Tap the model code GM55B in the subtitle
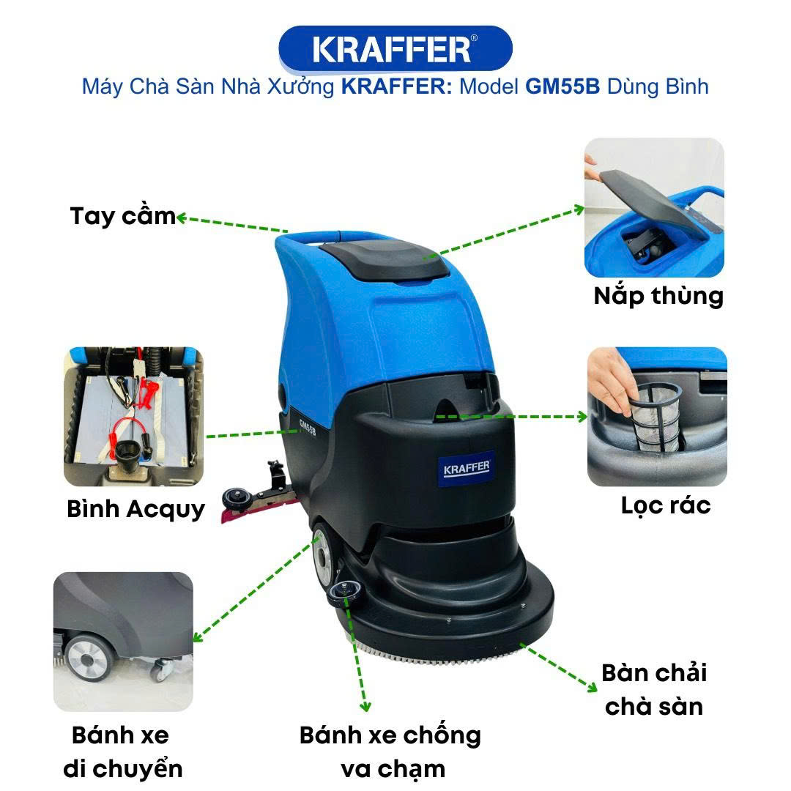click(562, 86)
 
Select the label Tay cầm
click(122, 216)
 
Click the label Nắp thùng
click(658, 296)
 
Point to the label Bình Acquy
click(135, 509)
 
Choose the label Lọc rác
click(665, 505)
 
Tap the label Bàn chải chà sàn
click(654, 690)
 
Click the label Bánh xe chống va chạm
click(390, 751)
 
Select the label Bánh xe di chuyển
click(122, 751)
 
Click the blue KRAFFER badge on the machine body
click(467, 469)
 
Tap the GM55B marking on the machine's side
click(307, 428)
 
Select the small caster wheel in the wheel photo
click(162, 669)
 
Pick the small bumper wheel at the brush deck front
click(344, 591)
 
